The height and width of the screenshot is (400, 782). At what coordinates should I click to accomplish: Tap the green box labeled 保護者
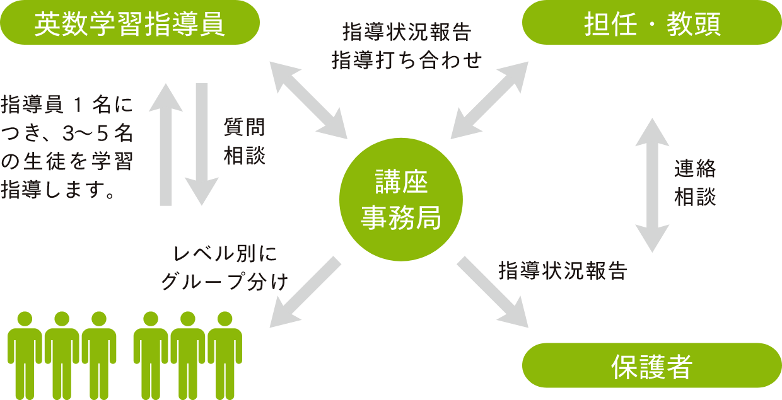[x=652, y=365]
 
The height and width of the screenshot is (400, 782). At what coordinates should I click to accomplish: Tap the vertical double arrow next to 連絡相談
[x=652, y=185]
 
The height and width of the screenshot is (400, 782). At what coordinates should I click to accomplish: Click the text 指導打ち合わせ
[x=407, y=60]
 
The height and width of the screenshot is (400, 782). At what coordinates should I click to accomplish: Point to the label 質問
[x=245, y=127]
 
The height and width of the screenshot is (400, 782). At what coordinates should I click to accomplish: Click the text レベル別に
[x=226, y=255]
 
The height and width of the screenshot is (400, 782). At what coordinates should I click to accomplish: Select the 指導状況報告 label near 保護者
[x=563, y=271]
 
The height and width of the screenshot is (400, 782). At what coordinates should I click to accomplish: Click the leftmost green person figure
[x=25, y=354]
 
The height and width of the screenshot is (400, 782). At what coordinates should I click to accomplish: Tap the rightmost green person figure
[x=225, y=354]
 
